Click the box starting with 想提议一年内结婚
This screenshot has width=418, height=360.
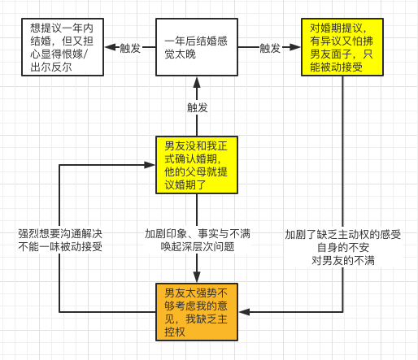coord(63,47)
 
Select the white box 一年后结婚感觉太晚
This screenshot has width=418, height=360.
coord(197,47)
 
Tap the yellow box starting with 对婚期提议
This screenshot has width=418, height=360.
coord(342,47)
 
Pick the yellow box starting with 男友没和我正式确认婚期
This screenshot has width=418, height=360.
coord(197,165)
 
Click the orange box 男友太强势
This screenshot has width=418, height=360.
coord(197,312)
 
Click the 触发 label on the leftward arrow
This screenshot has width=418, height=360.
coord(130,48)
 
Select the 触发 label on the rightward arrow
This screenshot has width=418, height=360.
coord(270,48)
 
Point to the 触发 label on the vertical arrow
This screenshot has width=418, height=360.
coord(198,108)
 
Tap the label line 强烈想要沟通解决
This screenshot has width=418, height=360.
coord(60,234)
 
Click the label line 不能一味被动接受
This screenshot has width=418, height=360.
coord(60,247)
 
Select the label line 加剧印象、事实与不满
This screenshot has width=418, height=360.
coord(198,234)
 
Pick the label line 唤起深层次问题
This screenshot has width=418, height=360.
coord(198,247)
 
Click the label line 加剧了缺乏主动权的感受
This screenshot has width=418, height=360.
coord(343,235)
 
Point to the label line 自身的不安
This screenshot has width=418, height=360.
coord(343,248)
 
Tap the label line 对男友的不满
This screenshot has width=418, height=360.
coord(343,261)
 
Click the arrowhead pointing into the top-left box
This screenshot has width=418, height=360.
coord(110,47)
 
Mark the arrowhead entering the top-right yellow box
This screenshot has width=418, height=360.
coord(295,47)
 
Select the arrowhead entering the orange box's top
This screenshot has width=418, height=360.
coord(197,277)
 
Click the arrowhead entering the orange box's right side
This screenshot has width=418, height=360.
coord(244,312)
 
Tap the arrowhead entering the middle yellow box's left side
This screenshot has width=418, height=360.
coord(150,165)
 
